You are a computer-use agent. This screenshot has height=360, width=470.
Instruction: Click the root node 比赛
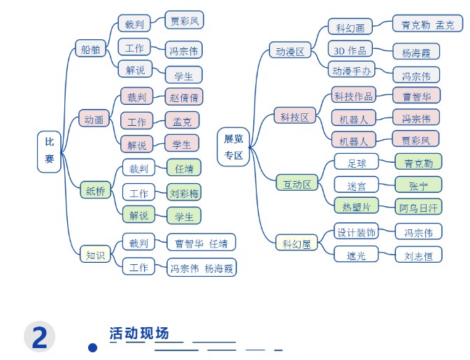49,152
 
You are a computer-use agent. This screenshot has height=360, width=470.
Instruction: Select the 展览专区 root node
234,147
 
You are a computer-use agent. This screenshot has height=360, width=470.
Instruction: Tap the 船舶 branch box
90,48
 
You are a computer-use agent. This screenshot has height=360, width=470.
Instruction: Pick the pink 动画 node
94,118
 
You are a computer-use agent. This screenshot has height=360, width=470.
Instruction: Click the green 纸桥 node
95,190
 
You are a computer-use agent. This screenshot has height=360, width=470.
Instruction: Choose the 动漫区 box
290,50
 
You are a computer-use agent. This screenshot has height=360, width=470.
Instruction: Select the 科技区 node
295,115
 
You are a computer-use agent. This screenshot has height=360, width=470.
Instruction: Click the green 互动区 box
297,182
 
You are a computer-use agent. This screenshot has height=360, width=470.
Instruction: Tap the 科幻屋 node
297,243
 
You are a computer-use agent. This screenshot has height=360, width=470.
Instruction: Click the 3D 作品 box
350,49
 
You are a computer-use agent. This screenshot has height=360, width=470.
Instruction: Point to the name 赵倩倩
184,96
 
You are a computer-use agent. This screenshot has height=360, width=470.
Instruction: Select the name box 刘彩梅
184,192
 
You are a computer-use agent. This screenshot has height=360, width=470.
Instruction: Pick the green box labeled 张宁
418,185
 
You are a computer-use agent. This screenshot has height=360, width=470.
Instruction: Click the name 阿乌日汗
418,206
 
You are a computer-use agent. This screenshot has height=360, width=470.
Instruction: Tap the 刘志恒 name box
418,254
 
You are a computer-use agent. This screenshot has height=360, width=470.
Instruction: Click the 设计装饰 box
357,231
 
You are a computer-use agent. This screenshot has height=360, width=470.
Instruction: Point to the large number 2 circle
40,337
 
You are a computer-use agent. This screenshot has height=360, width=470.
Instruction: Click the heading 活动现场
139,333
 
